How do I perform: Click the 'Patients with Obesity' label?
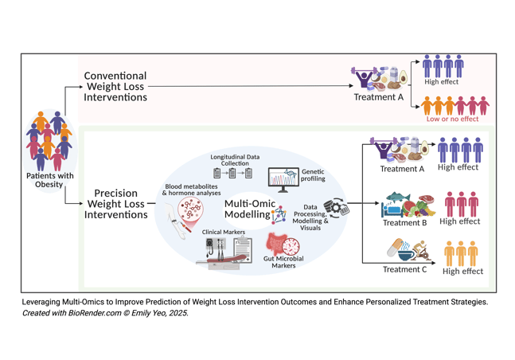49,179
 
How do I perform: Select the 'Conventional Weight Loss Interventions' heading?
115,86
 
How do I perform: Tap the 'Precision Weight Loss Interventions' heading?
115,203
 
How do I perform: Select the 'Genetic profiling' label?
312,175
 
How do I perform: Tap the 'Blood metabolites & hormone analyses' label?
191,190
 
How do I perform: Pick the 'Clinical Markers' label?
224,233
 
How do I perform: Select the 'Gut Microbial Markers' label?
284,262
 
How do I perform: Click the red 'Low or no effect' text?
452,119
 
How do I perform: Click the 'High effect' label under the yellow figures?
462,272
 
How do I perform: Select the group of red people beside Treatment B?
462,204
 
